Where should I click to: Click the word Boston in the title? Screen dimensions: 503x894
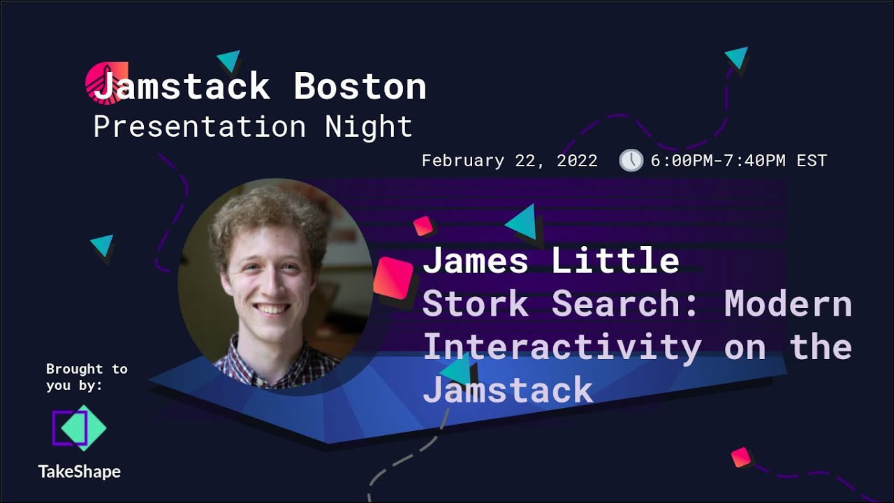tap(360, 87)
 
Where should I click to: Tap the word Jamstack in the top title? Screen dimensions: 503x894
tap(182, 87)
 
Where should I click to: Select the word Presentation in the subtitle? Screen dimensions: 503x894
tap(199, 127)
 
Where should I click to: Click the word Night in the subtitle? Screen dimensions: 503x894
tap(369, 127)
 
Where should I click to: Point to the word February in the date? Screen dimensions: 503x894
tap(462, 161)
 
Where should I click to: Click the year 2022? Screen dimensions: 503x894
tap(577, 161)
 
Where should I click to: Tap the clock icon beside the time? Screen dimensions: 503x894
tap(631, 160)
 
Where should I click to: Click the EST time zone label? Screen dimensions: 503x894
tap(811, 161)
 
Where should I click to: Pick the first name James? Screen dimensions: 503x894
tap(476, 261)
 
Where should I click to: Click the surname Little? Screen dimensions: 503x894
tap(615, 261)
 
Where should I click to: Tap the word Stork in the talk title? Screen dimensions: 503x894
tap(476, 304)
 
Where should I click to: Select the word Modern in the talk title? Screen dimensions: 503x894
tap(788, 304)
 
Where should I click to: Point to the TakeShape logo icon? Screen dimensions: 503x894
tap(79, 428)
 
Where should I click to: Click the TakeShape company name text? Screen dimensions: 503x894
tap(79, 472)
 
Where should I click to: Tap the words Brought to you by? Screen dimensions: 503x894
tap(86, 377)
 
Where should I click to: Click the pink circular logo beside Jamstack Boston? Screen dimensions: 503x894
tap(105, 81)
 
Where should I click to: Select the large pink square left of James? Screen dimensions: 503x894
tap(394, 277)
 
